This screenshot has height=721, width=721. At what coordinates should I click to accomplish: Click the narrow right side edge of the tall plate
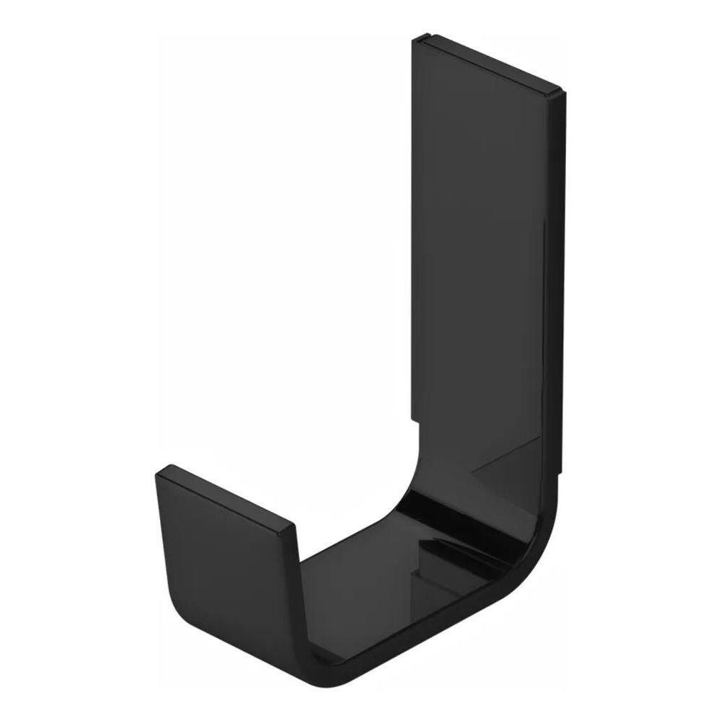560,288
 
